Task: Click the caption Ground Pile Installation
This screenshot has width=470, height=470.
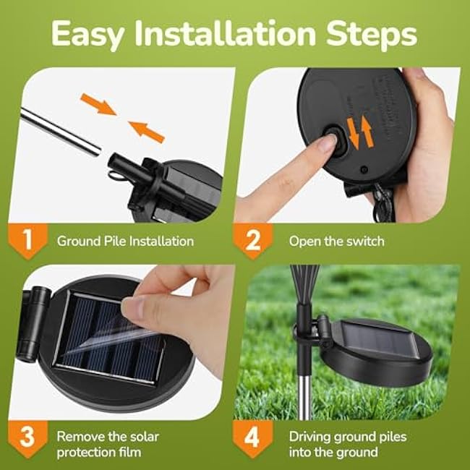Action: tap(125, 241)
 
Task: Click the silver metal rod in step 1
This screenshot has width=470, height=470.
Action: tap(61, 130)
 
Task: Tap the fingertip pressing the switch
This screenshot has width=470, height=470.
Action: tap(326, 144)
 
